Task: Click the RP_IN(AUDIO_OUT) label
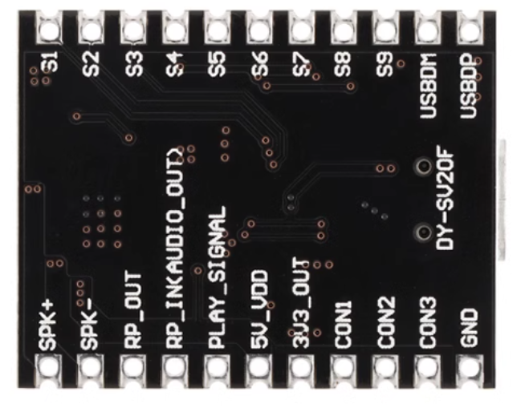[175, 249]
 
